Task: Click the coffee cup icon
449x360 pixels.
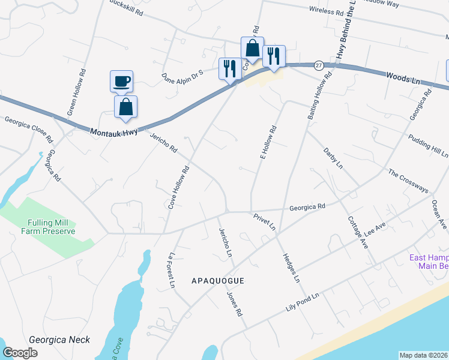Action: click(x=121, y=81)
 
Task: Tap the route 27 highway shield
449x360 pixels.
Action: click(x=319, y=65)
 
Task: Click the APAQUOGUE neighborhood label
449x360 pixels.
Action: click(x=219, y=280)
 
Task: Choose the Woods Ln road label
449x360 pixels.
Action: click(x=404, y=78)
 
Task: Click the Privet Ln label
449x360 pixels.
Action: click(x=264, y=221)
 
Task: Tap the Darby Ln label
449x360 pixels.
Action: click(x=333, y=157)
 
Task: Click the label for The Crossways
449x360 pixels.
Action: click(x=408, y=181)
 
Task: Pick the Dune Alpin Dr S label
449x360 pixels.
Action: click(x=183, y=76)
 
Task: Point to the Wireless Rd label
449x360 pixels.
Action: click(x=326, y=11)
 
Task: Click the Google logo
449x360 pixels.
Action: click(x=20, y=353)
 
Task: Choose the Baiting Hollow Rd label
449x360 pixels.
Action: click(x=319, y=97)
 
